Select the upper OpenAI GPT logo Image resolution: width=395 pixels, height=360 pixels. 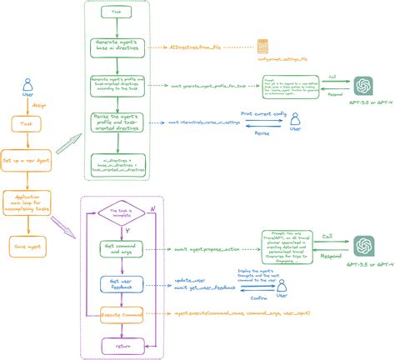click(x=361, y=86)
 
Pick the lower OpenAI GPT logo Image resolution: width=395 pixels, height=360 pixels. click(x=361, y=245)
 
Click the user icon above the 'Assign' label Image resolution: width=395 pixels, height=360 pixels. click(x=27, y=84)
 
